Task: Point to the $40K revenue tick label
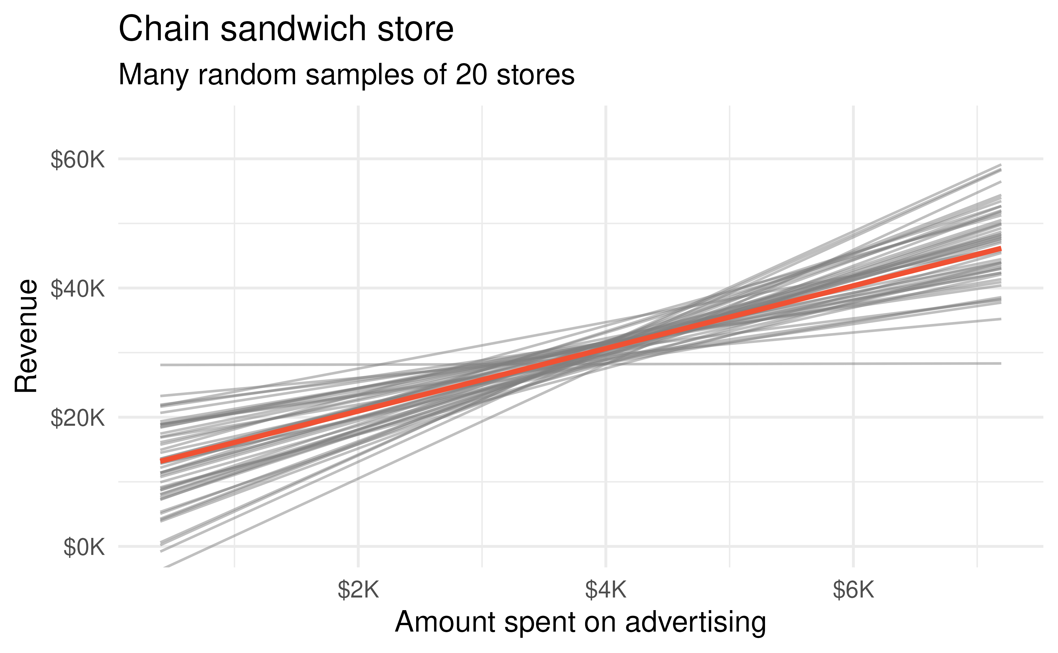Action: [78, 289]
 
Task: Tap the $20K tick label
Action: [78, 418]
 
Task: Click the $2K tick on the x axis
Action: [358, 590]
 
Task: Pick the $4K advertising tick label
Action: [605, 590]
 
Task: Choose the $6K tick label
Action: [853, 590]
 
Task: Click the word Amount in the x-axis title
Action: [445, 623]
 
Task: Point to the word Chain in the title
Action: [165, 29]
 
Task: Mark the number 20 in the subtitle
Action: [471, 75]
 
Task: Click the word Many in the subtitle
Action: [153, 75]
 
